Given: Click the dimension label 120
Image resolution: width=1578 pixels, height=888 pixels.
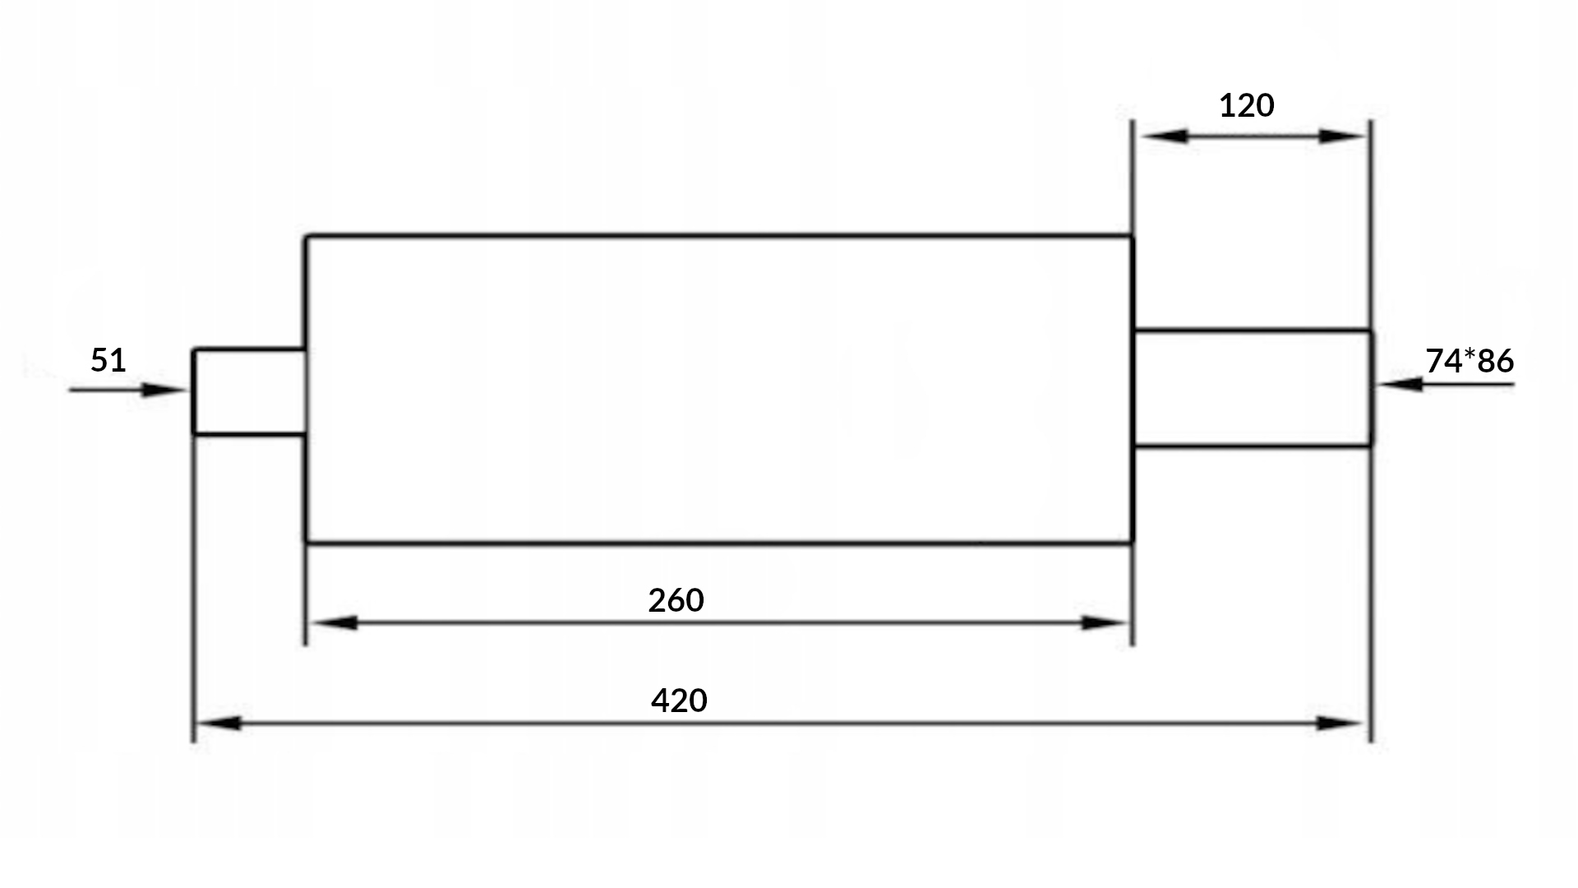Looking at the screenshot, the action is point(1246,106).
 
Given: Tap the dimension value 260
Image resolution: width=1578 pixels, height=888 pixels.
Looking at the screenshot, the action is point(676,601).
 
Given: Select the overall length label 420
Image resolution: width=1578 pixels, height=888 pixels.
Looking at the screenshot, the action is point(679,701).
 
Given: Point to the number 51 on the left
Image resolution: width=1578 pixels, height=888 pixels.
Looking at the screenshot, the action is point(108,360).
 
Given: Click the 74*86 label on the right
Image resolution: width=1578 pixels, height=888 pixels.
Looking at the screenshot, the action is point(1470,361).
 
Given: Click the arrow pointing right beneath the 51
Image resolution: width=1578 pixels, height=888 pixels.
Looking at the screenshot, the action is point(160,390).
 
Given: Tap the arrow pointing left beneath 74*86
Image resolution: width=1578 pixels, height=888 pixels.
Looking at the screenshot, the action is point(1402,384).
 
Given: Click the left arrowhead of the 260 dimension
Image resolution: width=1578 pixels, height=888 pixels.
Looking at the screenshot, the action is point(335,623).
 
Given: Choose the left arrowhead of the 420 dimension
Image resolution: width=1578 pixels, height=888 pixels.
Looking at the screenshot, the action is point(220,724).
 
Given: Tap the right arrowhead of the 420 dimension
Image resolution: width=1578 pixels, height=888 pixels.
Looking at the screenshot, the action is point(1338,724).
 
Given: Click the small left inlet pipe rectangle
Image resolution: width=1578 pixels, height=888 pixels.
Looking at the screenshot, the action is point(249,391).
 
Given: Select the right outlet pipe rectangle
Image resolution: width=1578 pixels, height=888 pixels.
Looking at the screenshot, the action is point(1252,388).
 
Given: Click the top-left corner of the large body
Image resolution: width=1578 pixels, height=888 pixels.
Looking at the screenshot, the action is point(307,237).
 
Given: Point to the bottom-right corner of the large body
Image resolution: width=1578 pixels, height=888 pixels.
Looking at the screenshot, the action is point(1133,542).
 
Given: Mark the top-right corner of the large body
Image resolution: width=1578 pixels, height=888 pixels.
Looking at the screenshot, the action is point(1133,237).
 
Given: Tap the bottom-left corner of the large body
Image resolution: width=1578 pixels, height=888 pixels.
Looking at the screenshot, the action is point(307,542).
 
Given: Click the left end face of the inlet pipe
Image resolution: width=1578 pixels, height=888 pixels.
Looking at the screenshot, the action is point(194,391).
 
